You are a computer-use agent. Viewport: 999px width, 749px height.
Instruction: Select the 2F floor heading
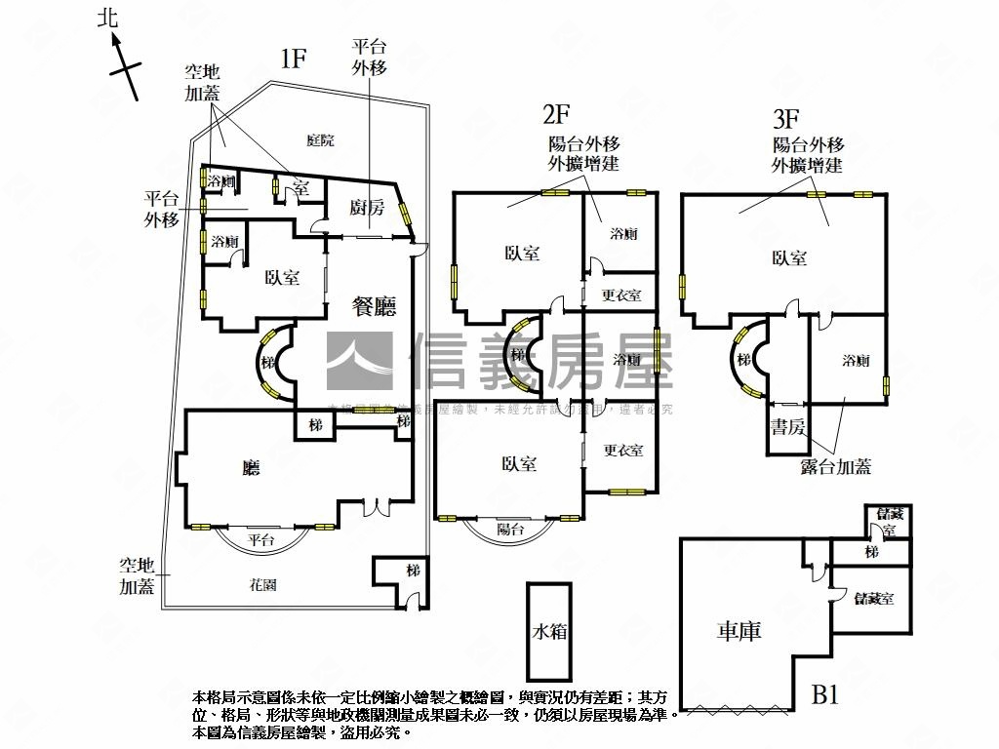(556, 115)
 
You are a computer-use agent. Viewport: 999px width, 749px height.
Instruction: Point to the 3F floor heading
(786, 119)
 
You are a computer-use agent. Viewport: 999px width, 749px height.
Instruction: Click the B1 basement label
(826, 695)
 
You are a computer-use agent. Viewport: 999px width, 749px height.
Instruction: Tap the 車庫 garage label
(739, 631)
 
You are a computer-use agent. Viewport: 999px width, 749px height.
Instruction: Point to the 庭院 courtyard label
(320, 140)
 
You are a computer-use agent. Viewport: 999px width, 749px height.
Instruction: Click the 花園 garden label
(263, 585)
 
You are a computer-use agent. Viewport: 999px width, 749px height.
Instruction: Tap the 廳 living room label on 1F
(252, 468)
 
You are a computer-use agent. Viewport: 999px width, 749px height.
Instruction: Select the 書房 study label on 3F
(787, 425)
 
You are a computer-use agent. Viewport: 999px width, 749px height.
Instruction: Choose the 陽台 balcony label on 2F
(510, 530)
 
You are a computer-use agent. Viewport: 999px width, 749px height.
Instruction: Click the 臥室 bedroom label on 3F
(789, 257)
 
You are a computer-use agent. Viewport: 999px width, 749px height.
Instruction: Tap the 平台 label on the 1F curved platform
(260, 539)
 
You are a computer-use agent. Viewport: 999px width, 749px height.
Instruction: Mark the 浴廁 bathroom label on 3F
(856, 361)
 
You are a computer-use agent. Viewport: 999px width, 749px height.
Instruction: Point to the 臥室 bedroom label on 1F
(282, 277)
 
